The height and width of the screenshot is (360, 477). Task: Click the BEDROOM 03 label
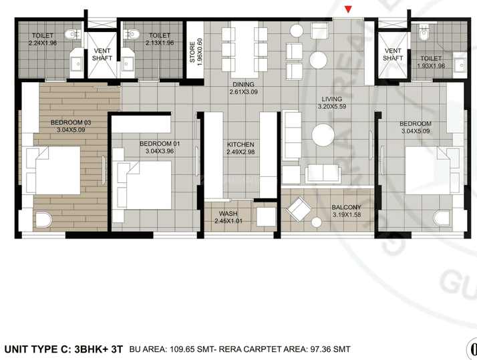70,126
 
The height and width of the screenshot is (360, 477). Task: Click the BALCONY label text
347,208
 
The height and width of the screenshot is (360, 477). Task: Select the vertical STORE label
194,50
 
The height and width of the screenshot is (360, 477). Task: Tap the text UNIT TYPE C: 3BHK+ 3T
64,349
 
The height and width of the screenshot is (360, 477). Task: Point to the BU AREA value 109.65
185,349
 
